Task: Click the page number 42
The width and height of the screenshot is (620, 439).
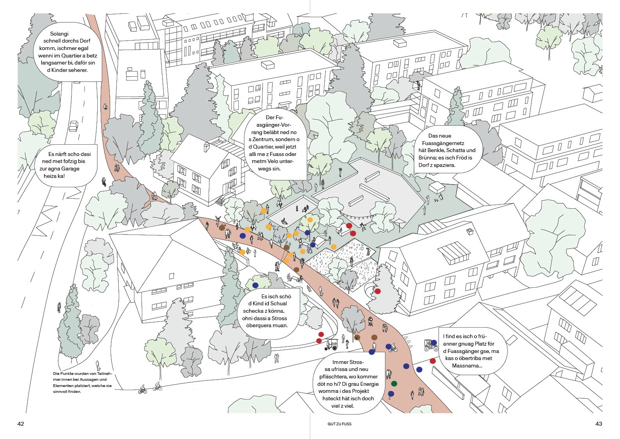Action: coord(21,424)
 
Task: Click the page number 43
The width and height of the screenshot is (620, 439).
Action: coord(599,424)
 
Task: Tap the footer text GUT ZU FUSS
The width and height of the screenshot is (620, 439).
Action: coord(339,424)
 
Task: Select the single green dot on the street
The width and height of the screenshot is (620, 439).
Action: coord(394,383)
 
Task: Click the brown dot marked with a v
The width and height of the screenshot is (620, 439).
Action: coord(356,337)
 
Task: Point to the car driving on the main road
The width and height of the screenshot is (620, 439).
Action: coord(73,126)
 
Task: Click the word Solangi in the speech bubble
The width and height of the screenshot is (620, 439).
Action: coord(59,34)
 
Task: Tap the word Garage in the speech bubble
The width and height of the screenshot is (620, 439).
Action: coord(70,168)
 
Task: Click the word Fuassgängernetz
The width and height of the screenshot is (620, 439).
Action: coord(443,143)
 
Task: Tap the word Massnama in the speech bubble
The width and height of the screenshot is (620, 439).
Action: coord(466,366)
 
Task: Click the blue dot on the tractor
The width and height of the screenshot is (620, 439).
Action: coord(434,343)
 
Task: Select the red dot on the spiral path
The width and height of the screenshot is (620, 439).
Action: coord(378,291)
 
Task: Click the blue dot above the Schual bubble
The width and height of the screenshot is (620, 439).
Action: coord(256,285)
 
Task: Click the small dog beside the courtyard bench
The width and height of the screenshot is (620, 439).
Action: coord(436,200)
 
